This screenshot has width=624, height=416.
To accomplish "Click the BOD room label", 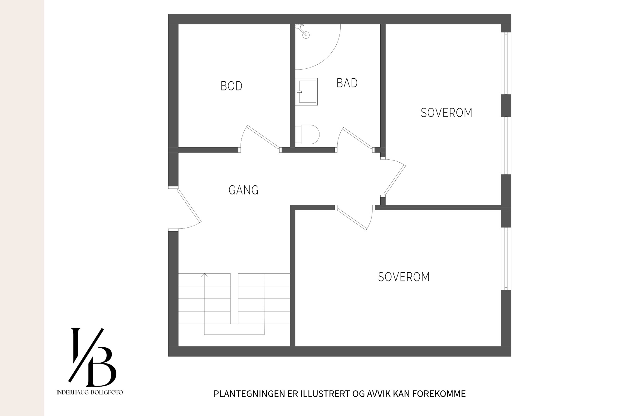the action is pos(231,86).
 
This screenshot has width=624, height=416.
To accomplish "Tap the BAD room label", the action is pos(347,83).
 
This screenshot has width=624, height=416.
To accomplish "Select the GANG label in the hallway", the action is pos(244,190).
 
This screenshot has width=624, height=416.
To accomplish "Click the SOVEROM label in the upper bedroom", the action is pos(446,113).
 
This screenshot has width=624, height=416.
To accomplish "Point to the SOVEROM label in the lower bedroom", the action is pos(404,277).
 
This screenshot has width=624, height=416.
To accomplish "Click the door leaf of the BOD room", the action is pos(263,137).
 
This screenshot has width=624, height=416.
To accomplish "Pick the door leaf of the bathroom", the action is pos(358,138).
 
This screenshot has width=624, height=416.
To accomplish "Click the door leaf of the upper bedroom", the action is pos(395,180).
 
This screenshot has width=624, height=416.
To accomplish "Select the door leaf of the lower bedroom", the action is pos(353,219).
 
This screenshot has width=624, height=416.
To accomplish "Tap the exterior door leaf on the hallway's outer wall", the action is pos(189,205).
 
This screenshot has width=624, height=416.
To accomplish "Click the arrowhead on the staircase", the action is pos(204,275).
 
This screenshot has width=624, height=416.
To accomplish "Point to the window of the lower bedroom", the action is pos(506,258).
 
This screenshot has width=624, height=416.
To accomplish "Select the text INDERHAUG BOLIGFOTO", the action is pos(90,393).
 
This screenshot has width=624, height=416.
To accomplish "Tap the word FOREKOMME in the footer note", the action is pos(439,394).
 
